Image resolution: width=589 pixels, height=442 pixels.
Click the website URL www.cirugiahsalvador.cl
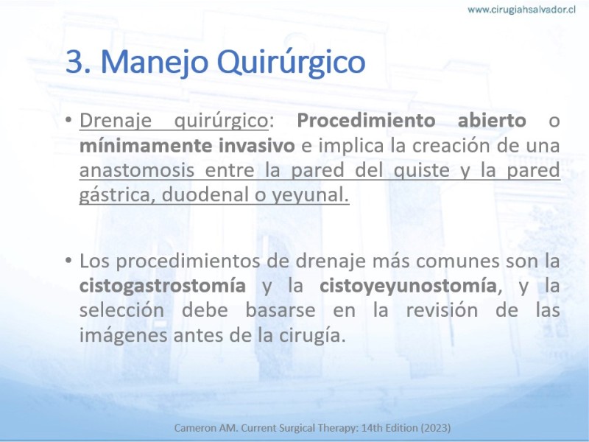coord(521,10)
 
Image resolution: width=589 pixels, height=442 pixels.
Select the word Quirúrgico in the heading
coord(291,63)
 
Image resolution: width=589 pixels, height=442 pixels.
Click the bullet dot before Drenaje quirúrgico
coord(68,120)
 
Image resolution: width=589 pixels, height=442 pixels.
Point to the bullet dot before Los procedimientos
coord(68,260)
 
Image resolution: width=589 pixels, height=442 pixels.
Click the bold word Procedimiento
coord(366,121)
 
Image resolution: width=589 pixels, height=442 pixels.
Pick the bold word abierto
coord(492,121)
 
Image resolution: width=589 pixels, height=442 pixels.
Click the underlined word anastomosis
coord(137,170)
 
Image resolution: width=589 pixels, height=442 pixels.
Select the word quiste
coord(421,171)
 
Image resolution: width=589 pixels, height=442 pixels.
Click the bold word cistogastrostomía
coord(163,287)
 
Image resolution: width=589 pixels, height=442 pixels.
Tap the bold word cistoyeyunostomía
coord(408,287)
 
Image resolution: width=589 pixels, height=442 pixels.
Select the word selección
coord(121,311)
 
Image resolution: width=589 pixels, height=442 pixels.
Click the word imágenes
coord(124,336)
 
